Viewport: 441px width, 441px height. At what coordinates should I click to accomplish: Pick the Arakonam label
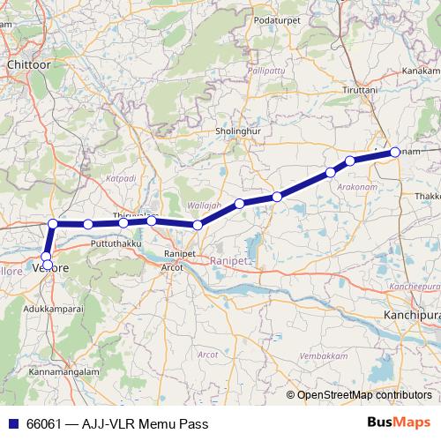355,187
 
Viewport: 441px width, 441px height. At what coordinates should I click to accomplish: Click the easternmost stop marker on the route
395,152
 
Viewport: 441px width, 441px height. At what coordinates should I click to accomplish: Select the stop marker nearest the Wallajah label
198,225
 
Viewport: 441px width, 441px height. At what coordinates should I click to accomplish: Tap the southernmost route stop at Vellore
47,264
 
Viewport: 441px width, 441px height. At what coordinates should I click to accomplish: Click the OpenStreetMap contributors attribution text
364,395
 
